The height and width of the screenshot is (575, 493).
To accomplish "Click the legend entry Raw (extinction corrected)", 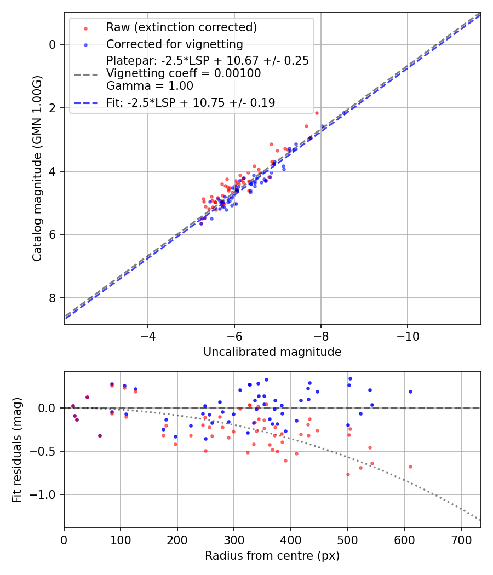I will (x=181, y=27).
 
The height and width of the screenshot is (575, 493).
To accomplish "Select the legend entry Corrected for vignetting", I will (x=174, y=44).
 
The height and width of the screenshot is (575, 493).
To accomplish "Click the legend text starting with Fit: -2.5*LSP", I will (x=191, y=102).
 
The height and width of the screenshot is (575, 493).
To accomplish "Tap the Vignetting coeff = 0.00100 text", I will (x=184, y=73).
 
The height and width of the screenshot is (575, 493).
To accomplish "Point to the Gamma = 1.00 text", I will (x=150, y=86).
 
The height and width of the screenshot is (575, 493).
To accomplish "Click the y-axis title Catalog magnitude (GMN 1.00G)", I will (x=37, y=169).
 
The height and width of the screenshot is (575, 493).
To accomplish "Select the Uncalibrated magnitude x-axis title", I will (x=272, y=352).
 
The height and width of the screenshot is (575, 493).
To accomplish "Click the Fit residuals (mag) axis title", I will (x=17, y=450).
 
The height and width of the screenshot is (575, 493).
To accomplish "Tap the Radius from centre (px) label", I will (x=272, y=556).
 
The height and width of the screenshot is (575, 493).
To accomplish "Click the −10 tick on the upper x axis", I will (x=407, y=336).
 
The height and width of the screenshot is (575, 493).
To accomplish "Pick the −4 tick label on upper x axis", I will (x=147, y=336).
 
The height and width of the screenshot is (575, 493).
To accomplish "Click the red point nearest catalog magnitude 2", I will (x=317, y=113).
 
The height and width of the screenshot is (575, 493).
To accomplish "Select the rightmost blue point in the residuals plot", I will (x=410, y=392).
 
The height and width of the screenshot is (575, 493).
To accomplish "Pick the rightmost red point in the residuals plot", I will (x=410, y=467).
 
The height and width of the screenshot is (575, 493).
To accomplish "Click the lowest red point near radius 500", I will (x=348, y=474).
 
